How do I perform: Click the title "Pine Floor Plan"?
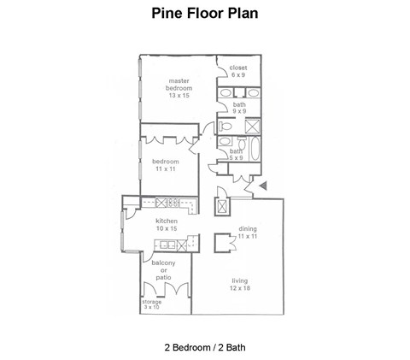pos(204,14)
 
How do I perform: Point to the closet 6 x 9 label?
pos(237,71)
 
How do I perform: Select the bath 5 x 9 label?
pos(236,155)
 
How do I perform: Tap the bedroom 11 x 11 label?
pos(166,165)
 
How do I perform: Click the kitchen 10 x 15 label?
pos(166,225)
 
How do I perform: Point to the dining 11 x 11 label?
pos(248,232)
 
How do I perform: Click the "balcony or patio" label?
pos(164,271)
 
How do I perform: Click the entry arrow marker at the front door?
pos(263,185)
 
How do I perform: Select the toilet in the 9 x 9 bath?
pos(223,126)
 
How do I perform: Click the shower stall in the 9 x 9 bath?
pos(252,127)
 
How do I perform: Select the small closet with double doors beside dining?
pos(222,242)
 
